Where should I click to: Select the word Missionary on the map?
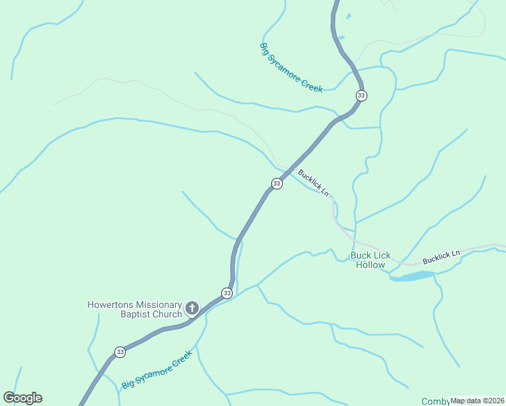point(159,304)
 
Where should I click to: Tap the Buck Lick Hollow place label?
point(371,260)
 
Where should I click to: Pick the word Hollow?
point(371,265)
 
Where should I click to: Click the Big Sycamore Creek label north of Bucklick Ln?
point(291,68)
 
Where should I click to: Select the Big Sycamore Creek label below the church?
point(157,369)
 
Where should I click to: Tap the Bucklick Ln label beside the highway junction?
point(313,183)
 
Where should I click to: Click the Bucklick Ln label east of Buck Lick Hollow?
point(441,256)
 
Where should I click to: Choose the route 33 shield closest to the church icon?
point(227,293)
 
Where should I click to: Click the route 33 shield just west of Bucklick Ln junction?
point(277,184)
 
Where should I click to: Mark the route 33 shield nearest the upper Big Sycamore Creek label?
point(361,95)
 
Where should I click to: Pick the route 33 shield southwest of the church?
point(120,352)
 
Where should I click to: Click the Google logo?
point(22,398)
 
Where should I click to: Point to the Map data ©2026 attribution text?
point(478,401)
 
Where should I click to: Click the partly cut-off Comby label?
point(435,401)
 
